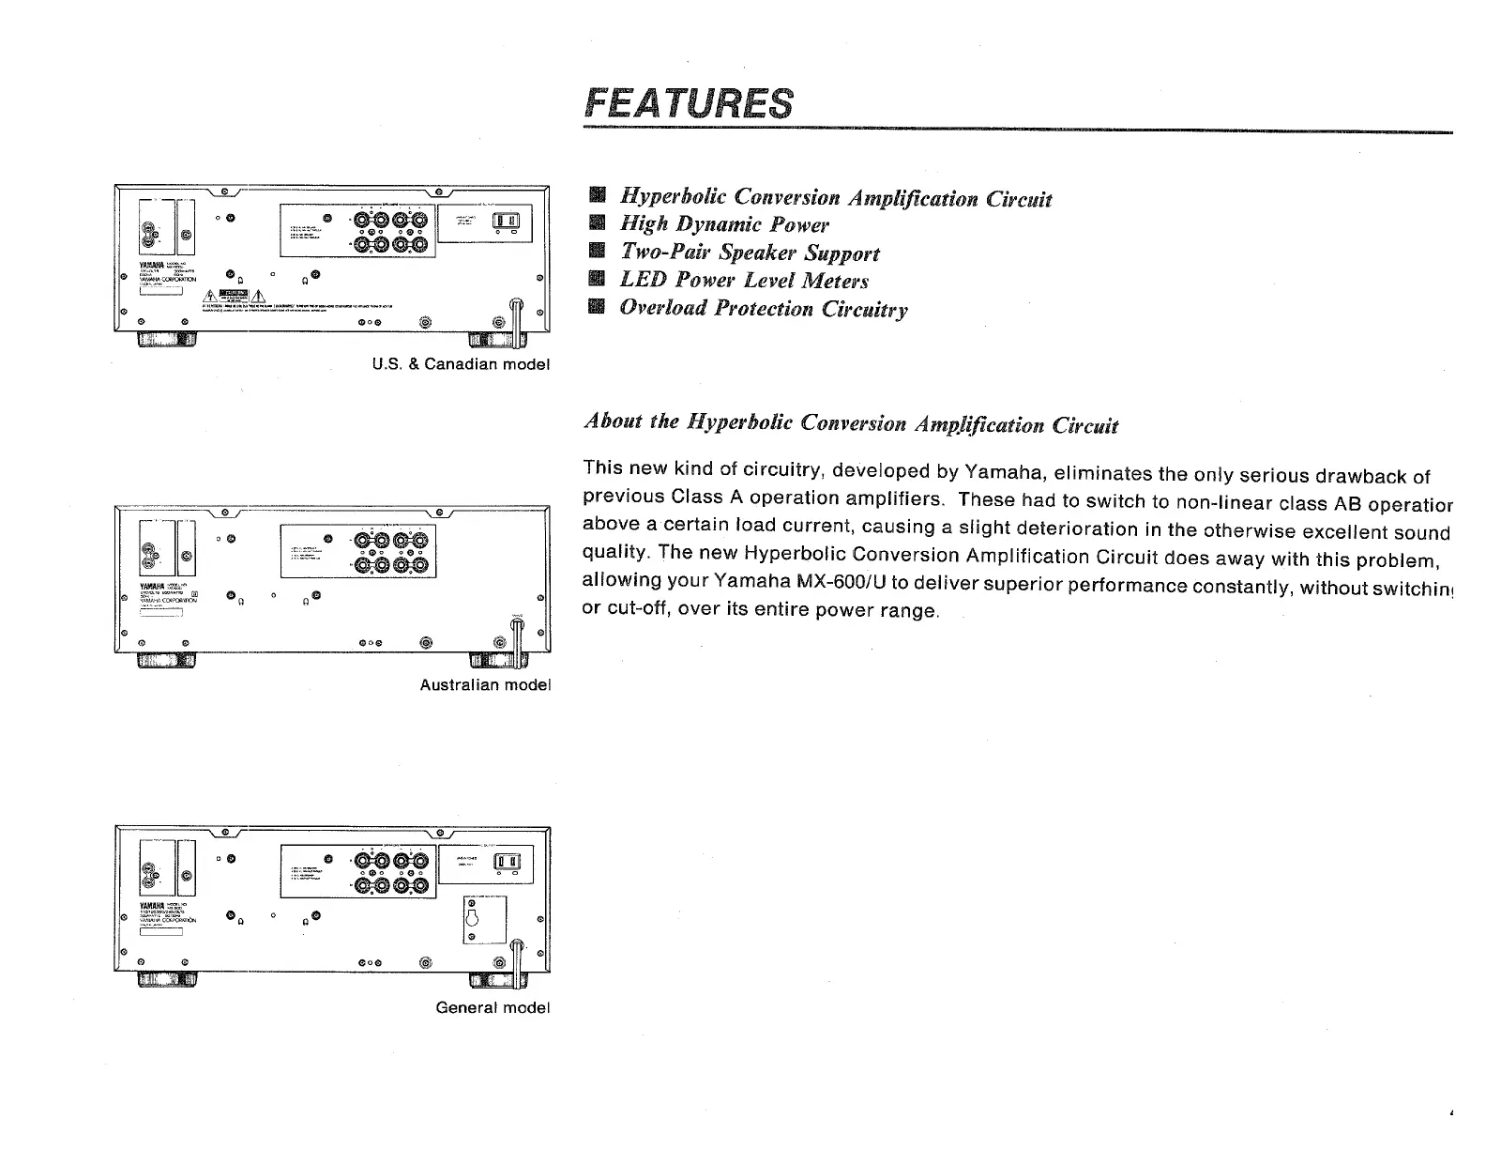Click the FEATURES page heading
[x=689, y=103]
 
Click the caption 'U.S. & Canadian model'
[x=460, y=363]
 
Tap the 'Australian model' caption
[x=484, y=684]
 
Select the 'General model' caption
[x=492, y=1007]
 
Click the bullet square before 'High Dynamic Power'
[x=595, y=224]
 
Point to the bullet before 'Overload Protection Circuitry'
[x=595, y=308]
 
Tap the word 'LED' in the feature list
[x=640, y=280]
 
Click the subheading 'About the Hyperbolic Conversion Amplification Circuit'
[x=850, y=423]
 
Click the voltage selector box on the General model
[x=485, y=919]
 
